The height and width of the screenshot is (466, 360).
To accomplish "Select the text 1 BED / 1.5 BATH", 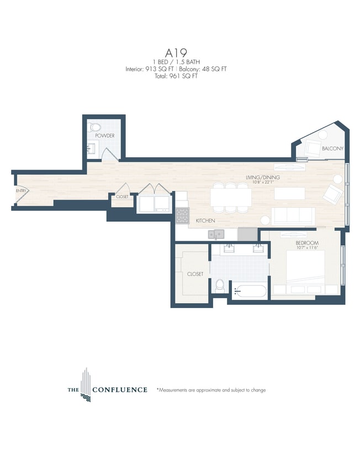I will click(x=179, y=62).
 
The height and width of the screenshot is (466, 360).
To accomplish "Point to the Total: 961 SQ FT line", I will click(x=179, y=76).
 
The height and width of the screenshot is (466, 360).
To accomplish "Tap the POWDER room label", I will click(x=104, y=135).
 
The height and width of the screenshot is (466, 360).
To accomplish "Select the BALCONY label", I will click(x=332, y=149).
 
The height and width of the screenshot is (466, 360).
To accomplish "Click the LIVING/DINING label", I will click(x=263, y=177).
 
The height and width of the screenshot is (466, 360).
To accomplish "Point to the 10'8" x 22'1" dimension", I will click(x=263, y=183).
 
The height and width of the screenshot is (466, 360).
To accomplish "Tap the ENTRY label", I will click(x=21, y=191).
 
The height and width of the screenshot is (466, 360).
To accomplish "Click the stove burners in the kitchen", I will click(x=182, y=215).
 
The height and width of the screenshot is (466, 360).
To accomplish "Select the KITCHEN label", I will click(x=205, y=221).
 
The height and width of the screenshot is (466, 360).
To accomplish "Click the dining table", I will click(x=230, y=198).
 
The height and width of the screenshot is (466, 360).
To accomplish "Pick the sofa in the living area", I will click(x=293, y=216).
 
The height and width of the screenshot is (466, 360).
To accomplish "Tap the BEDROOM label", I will click(x=307, y=243).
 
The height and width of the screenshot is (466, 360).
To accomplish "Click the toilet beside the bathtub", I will click(x=220, y=285).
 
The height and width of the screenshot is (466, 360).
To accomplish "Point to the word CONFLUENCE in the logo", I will click(x=119, y=390).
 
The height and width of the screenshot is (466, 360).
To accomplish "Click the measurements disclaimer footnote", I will click(x=211, y=390).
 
